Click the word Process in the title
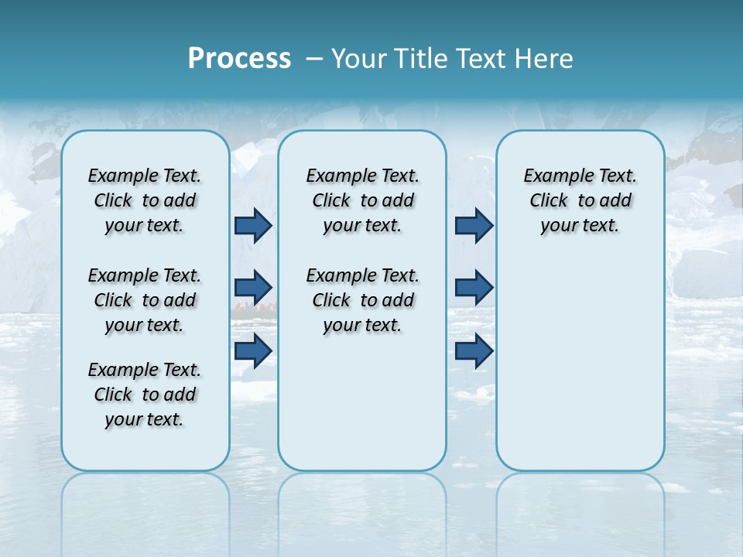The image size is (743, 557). click(239, 59)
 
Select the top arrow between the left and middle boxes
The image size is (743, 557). click(253, 225)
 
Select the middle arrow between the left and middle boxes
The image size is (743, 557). click(253, 288)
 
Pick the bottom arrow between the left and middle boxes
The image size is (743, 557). click(253, 350)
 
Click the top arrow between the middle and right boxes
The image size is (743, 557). click(474, 225)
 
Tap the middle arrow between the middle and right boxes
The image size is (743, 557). click(474, 288)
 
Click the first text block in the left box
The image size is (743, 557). click(145, 200)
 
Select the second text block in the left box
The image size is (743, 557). click(145, 300)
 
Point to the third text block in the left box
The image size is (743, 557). click(145, 395)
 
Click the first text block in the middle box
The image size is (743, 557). click(362, 200)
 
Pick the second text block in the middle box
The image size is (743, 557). click(362, 300)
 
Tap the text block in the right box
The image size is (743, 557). click(580, 200)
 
